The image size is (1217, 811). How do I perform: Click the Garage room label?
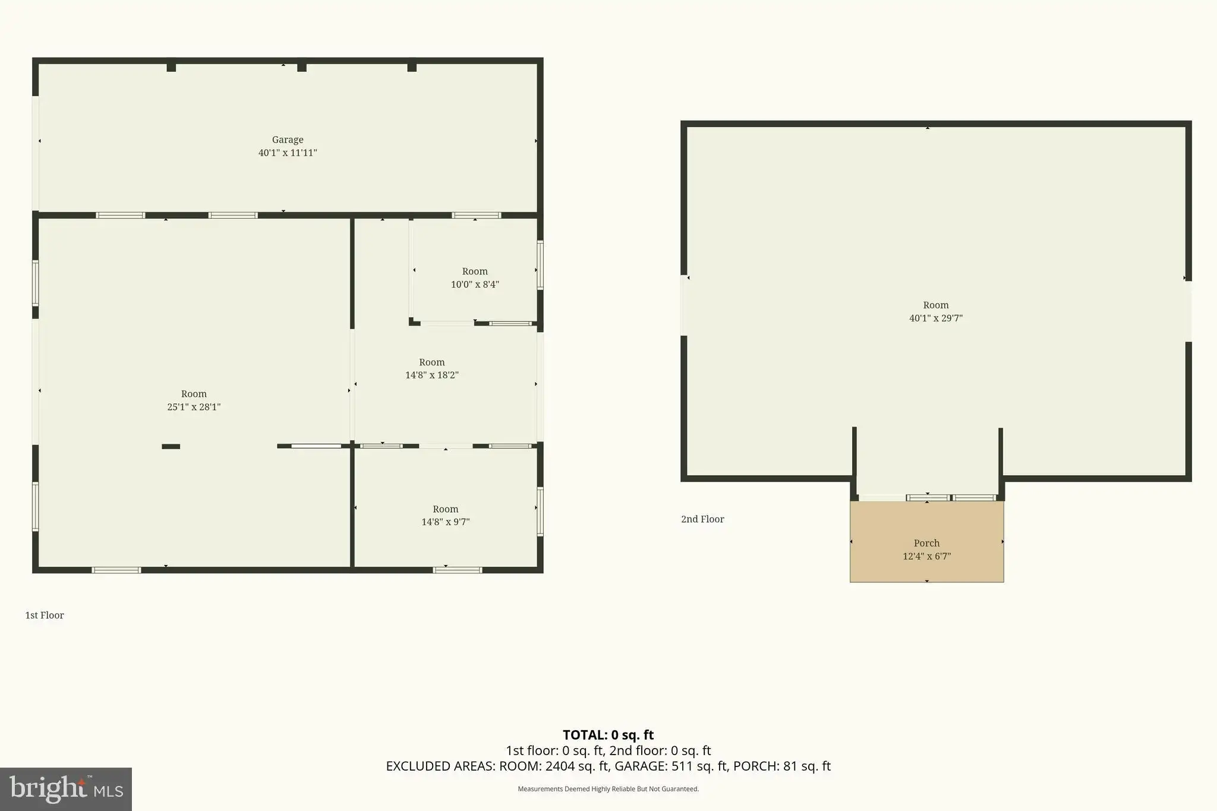288,140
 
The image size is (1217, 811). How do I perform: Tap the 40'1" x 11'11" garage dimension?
288,153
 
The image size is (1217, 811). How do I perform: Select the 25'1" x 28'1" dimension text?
194,407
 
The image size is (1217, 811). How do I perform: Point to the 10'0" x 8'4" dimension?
475,285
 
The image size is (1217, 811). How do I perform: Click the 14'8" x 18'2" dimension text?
432,375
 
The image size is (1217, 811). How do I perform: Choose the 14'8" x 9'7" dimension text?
446,522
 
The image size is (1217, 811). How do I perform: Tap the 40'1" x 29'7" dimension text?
936,318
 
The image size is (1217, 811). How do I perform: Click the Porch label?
927,543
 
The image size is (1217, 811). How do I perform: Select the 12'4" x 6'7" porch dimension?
927,557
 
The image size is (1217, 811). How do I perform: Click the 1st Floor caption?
45,616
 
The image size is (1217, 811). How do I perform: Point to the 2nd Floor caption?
702,519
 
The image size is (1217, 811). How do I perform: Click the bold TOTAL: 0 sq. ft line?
608,736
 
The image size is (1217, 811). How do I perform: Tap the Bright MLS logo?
66,789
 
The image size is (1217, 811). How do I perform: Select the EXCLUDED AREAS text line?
608,766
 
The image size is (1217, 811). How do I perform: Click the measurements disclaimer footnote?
608,789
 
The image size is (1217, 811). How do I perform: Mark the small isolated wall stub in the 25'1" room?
171,446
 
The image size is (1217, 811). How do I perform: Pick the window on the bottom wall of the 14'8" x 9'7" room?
458,570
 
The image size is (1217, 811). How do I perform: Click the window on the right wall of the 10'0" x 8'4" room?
540,265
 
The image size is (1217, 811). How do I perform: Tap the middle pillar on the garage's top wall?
302,67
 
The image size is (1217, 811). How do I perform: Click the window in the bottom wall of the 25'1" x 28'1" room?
116,570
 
